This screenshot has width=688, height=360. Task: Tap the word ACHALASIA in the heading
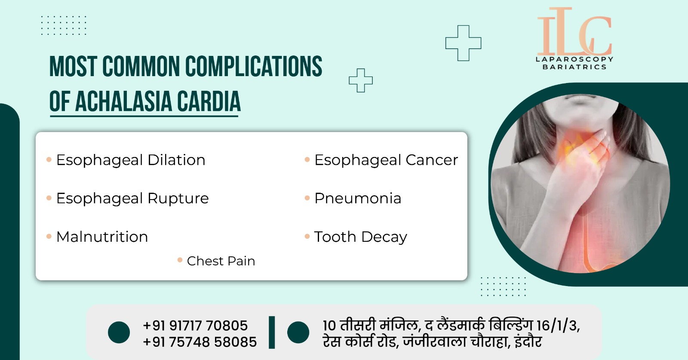tap(123, 101)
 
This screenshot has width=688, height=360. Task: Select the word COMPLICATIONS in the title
tap(254, 66)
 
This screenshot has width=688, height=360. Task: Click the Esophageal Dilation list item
tap(131, 160)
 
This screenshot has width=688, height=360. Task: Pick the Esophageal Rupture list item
tap(132, 198)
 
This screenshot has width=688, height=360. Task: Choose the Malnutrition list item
tap(102, 237)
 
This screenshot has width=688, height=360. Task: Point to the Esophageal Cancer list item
tap(386, 160)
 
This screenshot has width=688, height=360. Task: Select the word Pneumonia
tap(358, 198)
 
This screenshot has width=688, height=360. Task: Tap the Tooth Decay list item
tap(361, 237)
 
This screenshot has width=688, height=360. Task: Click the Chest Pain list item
tap(221, 261)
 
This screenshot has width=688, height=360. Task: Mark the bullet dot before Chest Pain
tap(180, 261)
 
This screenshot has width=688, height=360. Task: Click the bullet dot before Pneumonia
tap(307, 198)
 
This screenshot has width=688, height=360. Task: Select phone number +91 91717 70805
tap(195, 326)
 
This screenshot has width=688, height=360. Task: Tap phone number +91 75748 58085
tap(200, 342)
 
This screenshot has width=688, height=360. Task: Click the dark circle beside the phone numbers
tap(119, 332)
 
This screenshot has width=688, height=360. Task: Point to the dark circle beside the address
tap(298, 332)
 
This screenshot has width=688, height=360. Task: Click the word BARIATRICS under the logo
tap(574, 67)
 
